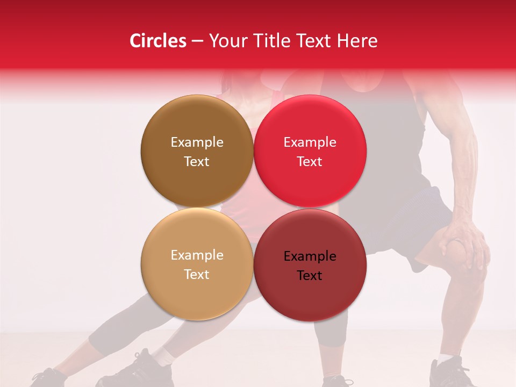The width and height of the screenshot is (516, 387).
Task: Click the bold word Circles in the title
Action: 158,41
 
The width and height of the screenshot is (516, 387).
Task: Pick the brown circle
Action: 197,151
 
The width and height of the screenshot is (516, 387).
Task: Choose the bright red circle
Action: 310,151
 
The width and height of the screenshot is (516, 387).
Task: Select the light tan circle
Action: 197,264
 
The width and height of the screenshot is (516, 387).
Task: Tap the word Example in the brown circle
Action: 197,142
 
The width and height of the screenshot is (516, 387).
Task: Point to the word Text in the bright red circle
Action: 310,162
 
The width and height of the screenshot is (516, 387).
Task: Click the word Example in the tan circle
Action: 197,255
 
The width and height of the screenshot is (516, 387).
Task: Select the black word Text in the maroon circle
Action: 310,276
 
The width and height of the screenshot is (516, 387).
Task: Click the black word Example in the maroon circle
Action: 310,256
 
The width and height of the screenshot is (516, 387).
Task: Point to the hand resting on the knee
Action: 462,245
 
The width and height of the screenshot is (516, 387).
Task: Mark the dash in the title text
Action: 197,41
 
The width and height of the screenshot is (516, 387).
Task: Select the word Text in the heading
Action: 311,41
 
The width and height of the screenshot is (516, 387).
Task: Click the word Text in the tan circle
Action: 197,275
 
